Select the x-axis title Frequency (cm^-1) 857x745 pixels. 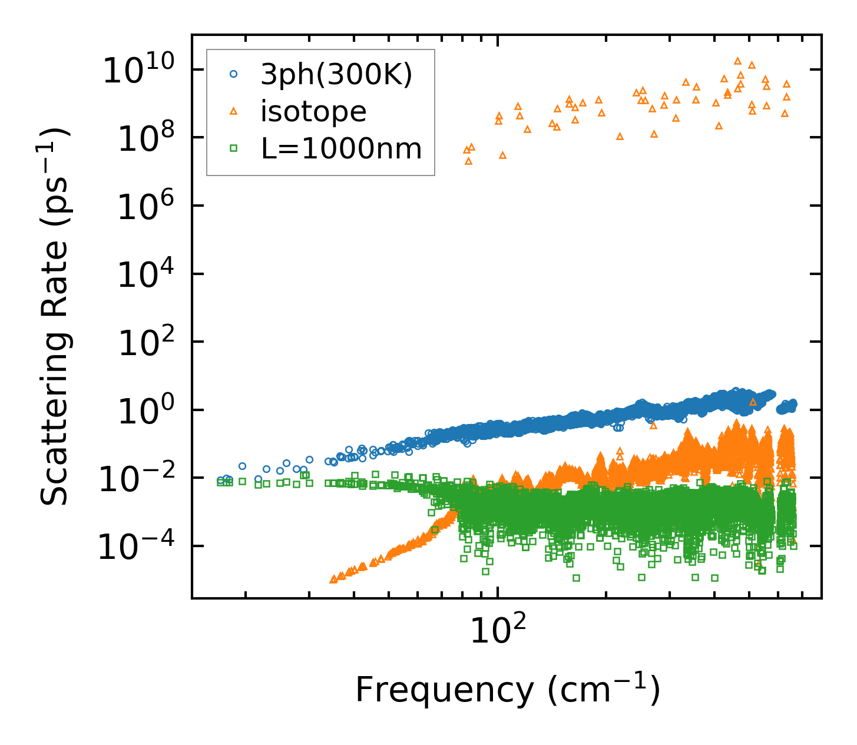(507, 690)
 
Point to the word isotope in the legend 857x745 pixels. (313, 111)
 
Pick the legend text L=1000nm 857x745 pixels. (342, 148)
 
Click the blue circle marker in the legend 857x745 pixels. (234, 74)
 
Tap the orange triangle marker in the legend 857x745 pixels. (234, 111)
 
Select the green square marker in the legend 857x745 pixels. (234, 148)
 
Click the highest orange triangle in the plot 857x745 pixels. (737, 61)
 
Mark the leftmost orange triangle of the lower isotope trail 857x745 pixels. (333, 580)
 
